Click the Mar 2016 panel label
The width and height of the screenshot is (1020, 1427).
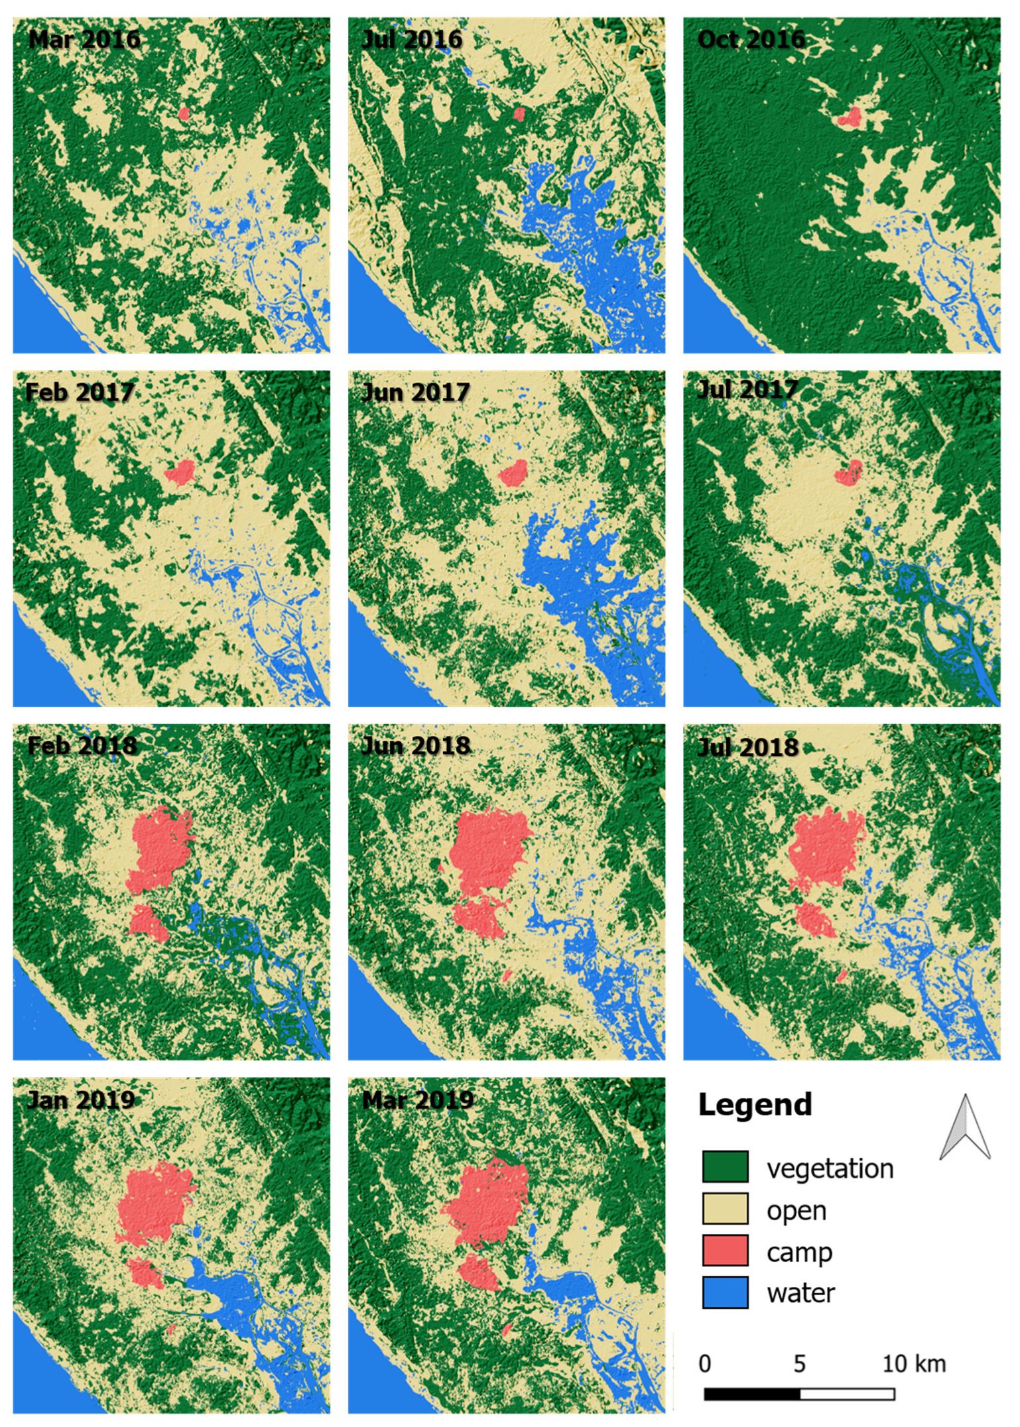tap(84, 40)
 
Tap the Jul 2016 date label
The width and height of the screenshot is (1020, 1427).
tap(412, 40)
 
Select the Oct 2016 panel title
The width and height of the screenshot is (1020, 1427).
tap(751, 40)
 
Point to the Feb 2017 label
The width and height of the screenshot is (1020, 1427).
tap(80, 393)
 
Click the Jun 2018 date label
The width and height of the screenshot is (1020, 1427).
tap(416, 746)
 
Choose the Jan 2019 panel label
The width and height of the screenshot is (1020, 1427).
tap(80, 1100)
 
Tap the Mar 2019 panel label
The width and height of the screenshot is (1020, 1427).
tap(418, 1100)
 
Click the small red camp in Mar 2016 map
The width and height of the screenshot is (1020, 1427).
tap(184, 113)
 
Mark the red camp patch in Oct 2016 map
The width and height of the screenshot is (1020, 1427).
tap(850, 118)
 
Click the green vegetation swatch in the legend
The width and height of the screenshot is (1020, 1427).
tap(725, 1166)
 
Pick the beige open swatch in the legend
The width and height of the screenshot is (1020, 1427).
tap(725, 1208)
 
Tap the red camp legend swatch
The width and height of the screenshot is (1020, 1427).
tap(725, 1251)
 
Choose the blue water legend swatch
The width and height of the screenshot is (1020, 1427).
tap(725, 1292)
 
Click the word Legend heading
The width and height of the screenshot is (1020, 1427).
tap(755, 1105)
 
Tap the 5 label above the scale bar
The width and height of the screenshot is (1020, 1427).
tap(800, 1364)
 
